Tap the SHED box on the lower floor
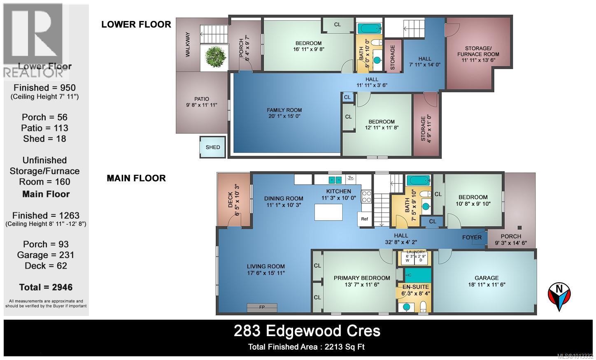click(x=213, y=147)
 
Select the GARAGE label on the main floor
click(x=486, y=278)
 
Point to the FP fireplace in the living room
click(x=262, y=307)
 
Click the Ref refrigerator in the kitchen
click(x=364, y=219)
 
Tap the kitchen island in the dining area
click(x=329, y=212)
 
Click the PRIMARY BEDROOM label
click(x=362, y=278)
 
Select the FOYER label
click(x=472, y=237)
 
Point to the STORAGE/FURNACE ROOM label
click(x=478, y=51)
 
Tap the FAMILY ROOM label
click(x=284, y=110)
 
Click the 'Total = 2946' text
click(x=46, y=287)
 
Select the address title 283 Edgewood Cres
click(x=307, y=331)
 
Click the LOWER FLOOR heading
click(x=136, y=24)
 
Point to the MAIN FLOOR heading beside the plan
click(x=136, y=178)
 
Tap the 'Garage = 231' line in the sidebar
click(x=46, y=255)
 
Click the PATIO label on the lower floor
click(x=202, y=99)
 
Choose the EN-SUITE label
click(x=415, y=287)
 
